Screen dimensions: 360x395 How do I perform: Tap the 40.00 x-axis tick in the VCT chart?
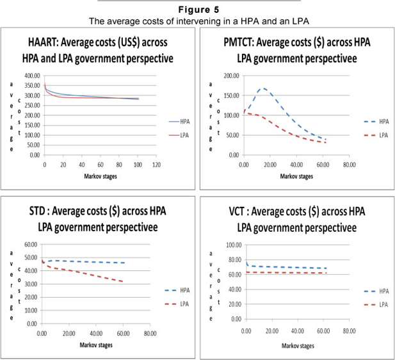click(x=297, y=332)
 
